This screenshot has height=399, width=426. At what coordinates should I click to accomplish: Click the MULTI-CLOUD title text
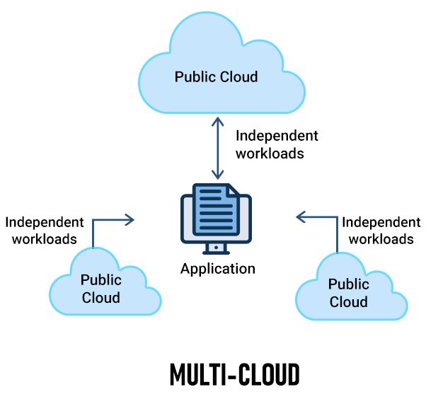pos(235,374)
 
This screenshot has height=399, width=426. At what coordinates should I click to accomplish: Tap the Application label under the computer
pos(218,269)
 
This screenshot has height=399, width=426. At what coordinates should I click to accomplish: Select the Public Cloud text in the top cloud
pos(216,76)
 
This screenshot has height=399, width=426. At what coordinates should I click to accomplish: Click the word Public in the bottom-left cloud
pos(101,279)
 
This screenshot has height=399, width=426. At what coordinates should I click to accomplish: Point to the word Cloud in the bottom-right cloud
pos(349,302)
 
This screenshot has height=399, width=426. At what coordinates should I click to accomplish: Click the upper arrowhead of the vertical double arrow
pos(218,122)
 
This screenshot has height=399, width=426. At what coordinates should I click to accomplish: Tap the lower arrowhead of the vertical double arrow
pos(218,175)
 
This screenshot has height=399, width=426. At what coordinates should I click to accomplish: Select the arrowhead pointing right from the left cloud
pos(129,219)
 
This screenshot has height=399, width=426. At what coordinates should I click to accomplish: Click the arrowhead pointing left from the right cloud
pos(301,217)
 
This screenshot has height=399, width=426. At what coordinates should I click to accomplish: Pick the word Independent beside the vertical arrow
pos(277,136)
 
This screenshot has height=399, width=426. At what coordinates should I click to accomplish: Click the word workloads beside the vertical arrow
pos(270,154)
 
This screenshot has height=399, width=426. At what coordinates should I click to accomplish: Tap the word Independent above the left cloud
pos(45,222)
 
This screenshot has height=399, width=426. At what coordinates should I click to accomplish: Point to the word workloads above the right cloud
pos(381,239)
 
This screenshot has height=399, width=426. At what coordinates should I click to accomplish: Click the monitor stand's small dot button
pos(216,248)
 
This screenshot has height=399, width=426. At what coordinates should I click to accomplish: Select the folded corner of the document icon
pos(234,190)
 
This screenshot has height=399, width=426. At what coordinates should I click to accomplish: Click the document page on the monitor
pos(216,209)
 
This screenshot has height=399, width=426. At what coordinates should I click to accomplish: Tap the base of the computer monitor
pos(216,253)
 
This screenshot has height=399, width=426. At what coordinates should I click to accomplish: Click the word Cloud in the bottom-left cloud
pos(101,297)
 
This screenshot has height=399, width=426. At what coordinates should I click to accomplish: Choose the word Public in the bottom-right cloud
pos(349,284)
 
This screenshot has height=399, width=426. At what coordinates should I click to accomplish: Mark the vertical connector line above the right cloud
pos(337,235)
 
